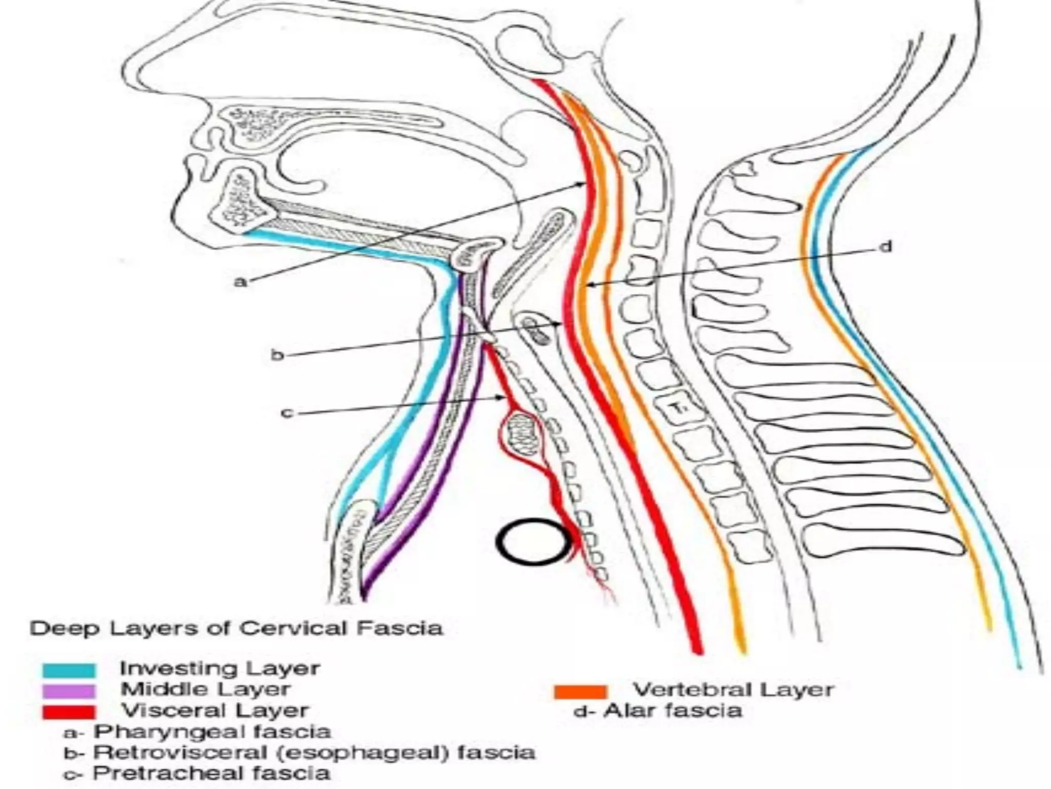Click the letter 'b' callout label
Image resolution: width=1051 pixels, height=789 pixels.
coord(277,355)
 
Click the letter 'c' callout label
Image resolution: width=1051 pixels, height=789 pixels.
coord(287,412)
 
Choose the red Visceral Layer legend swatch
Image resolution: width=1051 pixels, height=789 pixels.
coord(69,712)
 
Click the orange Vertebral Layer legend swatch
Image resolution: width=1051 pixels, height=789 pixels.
coord(580,691)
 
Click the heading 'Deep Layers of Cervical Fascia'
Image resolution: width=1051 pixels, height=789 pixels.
coord(236,628)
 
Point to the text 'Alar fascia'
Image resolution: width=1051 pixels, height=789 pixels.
coord(672,711)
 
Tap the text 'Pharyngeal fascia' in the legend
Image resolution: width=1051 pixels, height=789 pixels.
coord(211,731)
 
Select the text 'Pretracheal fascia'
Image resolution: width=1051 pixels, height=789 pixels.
coord(211,773)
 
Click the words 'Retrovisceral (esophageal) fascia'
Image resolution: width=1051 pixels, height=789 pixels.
coord(314,752)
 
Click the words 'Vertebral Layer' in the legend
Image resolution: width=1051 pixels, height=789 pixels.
coord(733,689)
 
